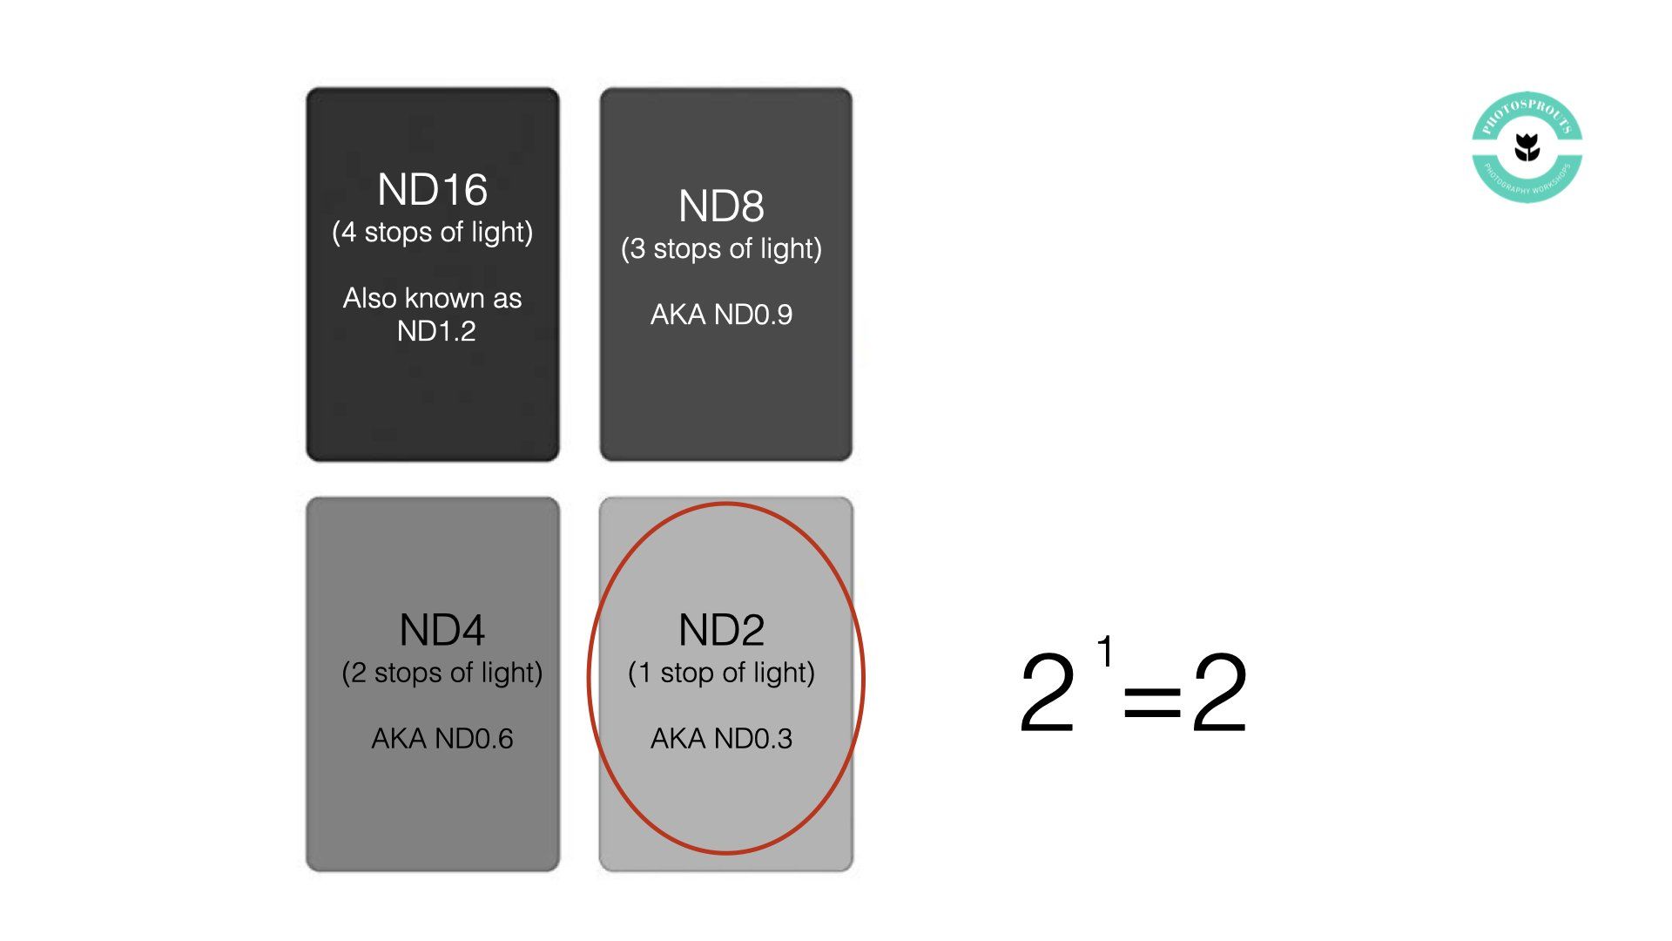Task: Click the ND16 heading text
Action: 432,190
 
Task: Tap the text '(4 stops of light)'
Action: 432,233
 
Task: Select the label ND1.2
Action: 436,331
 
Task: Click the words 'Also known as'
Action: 432,298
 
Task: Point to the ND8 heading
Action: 721,206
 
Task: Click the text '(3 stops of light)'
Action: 721,249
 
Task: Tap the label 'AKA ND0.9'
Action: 721,315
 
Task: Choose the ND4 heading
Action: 442,630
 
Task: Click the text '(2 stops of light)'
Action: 442,673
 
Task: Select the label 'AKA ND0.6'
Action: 442,739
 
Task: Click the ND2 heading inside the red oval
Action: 721,630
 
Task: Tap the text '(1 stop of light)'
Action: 721,673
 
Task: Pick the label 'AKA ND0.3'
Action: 721,739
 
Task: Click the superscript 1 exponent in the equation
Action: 1105,651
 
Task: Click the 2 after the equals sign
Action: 1219,693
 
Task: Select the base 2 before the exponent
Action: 1048,693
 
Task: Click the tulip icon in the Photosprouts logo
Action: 1527,146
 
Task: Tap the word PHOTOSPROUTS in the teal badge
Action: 1527,114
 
